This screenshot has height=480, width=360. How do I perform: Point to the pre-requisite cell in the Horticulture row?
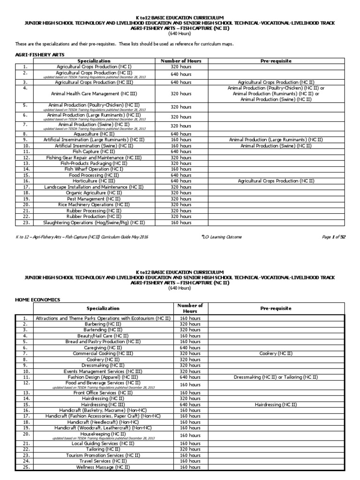pyautogui.click(x=276, y=180)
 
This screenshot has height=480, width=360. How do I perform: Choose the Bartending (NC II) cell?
pyautogui.click(x=103, y=330)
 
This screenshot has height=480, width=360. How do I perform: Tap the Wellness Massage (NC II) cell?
pyautogui.click(x=103, y=467)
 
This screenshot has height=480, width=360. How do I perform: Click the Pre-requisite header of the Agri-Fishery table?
pyautogui.click(x=276, y=61)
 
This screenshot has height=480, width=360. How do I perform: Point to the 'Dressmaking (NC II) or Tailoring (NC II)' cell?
pyautogui.click(x=276, y=377)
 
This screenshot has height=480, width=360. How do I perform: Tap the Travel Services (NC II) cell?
pyautogui.click(x=103, y=461)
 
